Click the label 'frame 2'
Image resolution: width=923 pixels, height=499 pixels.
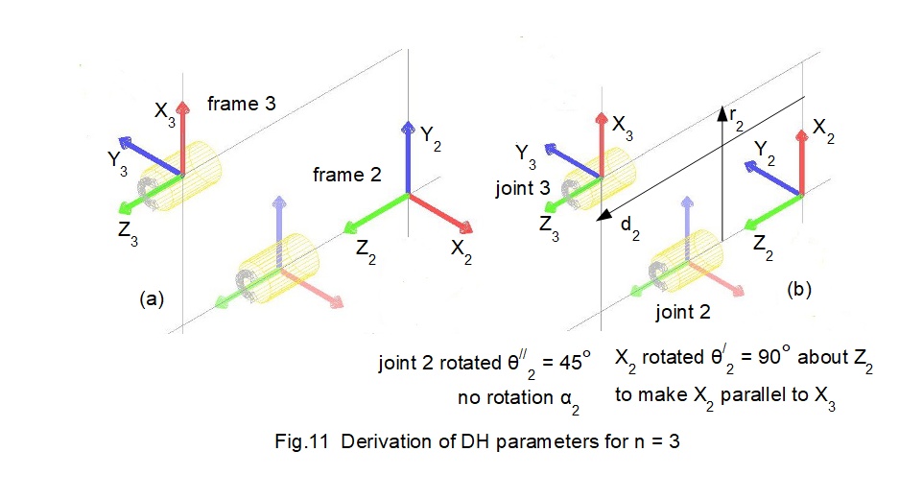(346, 175)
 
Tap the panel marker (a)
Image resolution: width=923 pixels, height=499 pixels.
(151, 298)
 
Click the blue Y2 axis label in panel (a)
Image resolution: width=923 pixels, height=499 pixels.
(431, 135)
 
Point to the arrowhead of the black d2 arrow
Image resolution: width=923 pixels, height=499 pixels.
(601, 217)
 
